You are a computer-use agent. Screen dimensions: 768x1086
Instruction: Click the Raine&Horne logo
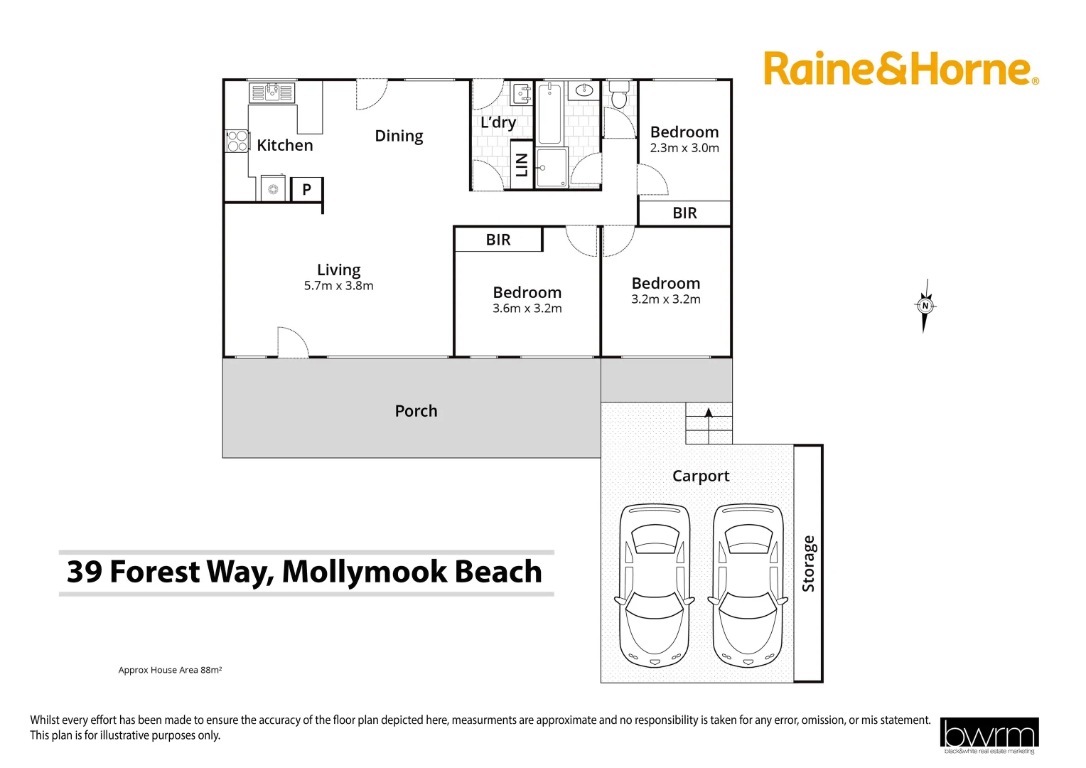pos(900,69)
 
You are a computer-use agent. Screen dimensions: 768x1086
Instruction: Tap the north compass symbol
pos(925,306)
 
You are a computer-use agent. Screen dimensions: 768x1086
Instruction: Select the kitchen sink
pos(271,92)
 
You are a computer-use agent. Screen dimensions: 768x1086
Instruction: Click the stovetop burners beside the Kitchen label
pos(237,141)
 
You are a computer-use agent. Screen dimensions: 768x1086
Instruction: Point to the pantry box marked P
pos(306,189)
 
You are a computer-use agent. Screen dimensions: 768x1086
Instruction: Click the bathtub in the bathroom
pos(549,114)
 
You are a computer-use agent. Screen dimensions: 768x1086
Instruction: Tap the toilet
pos(619,95)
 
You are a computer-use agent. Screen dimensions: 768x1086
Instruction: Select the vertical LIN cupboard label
pos(522,165)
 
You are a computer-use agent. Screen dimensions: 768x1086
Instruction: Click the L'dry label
pos(498,122)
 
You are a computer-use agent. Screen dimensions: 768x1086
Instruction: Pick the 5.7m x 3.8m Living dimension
pos(338,286)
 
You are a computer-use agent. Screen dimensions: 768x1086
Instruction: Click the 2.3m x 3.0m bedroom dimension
pos(684,148)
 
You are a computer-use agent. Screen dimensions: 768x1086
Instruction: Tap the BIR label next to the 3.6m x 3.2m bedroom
pos(498,240)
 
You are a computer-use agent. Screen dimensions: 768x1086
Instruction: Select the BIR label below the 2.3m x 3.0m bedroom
pos(684,213)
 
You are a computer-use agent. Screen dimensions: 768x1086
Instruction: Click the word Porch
pos(416,411)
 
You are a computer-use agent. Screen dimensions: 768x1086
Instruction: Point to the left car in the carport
pos(654,585)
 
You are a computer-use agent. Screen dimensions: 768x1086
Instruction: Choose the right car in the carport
pos(748,585)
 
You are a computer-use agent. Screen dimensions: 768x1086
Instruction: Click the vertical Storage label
pos(808,564)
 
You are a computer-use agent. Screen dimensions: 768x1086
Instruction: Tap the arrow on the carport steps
pos(708,413)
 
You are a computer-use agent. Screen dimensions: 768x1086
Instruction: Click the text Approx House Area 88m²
pos(170,670)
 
